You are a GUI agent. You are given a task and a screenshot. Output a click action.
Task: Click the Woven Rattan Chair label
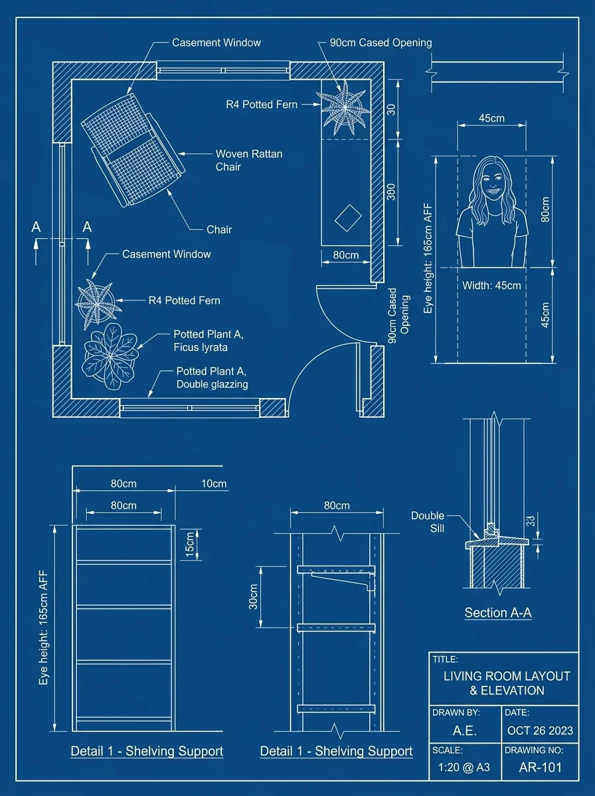click(248, 160)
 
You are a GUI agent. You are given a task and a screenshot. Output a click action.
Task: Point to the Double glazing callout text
click(212, 384)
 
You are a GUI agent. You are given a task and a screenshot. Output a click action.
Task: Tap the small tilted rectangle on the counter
click(347, 217)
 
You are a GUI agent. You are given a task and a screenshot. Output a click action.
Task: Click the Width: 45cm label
click(491, 286)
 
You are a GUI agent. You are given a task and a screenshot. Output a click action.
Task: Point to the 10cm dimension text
click(213, 484)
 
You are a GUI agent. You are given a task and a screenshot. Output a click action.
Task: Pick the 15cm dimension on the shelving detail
click(190, 544)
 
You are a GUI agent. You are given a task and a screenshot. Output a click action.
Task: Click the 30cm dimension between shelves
click(253, 596)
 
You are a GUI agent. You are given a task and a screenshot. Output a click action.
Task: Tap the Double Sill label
click(427, 522)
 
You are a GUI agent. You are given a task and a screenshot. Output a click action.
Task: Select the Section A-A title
click(497, 613)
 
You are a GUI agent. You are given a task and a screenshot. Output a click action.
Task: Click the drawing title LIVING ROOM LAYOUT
click(507, 677)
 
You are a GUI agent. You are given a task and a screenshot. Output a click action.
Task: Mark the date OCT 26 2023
click(540, 730)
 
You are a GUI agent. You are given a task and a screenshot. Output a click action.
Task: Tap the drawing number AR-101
click(540, 767)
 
